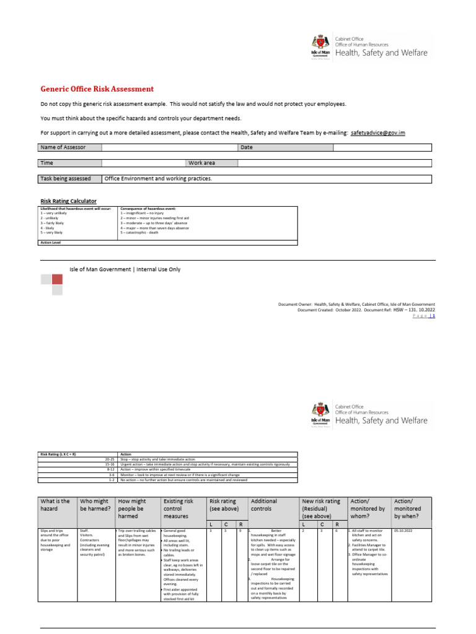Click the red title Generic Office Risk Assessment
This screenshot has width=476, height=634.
coord(97,89)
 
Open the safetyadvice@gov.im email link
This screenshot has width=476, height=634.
coord(377,132)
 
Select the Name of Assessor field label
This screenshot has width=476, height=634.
coord(63,147)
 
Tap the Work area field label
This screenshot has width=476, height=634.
coord(201,163)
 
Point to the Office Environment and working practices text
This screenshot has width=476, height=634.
coord(158,178)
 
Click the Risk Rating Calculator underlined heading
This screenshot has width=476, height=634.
coord(68,201)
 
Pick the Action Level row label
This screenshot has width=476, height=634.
coord(51,243)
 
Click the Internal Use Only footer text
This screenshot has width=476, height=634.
coord(125,269)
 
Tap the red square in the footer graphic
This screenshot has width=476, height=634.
coord(57,279)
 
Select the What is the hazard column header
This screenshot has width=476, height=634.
coord(55,505)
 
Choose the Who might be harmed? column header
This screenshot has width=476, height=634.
coord(95,505)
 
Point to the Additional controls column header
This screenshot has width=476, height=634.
coord(265,505)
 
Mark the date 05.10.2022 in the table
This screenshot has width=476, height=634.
coord(403,531)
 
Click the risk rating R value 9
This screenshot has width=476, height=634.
coord(240,531)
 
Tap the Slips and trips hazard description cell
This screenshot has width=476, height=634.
coord(56,539)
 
